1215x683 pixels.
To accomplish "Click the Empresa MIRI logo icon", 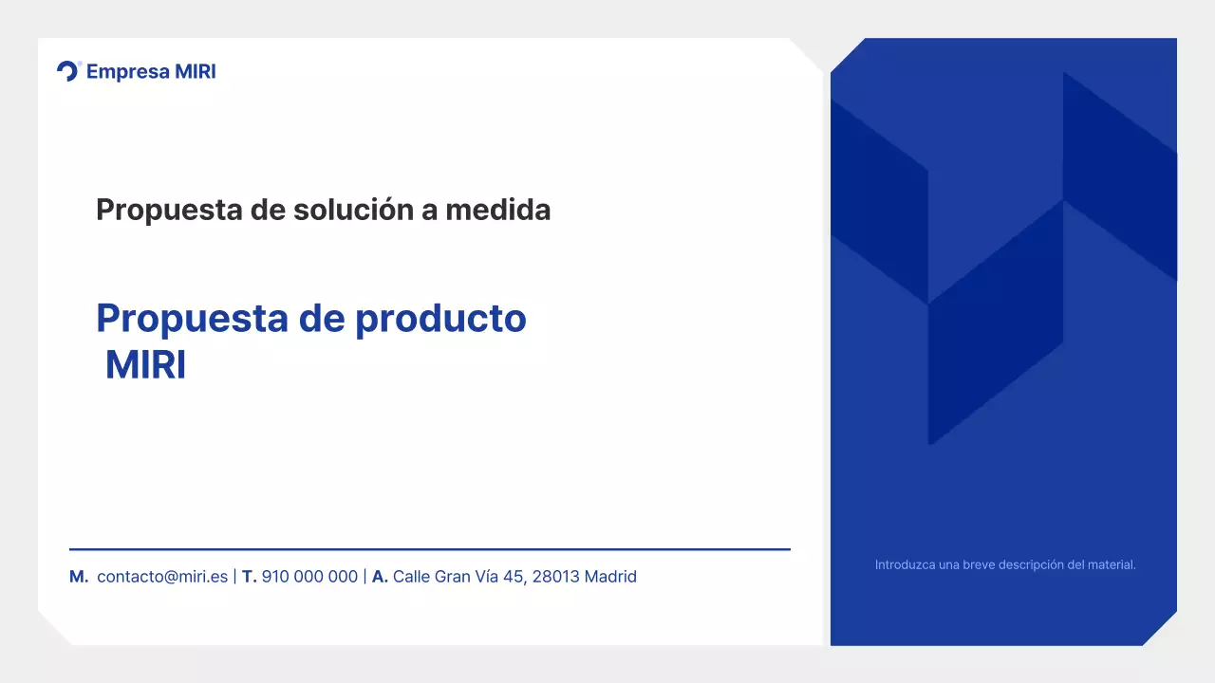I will (x=68, y=71).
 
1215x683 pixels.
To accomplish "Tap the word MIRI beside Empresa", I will (x=196, y=72).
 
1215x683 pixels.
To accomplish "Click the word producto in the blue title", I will (x=440, y=319).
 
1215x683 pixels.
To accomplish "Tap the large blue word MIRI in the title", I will (x=145, y=366).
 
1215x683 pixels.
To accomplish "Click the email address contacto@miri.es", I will (x=162, y=577).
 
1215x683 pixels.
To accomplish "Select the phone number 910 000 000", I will (x=309, y=577).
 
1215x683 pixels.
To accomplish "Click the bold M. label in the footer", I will (x=79, y=577).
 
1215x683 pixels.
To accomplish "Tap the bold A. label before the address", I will (x=380, y=577).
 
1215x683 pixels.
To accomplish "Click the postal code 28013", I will (x=555, y=577).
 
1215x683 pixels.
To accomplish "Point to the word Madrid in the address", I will (x=610, y=577).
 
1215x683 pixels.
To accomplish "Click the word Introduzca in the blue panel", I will (x=904, y=565).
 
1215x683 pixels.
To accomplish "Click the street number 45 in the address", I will (x=514, y=577).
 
